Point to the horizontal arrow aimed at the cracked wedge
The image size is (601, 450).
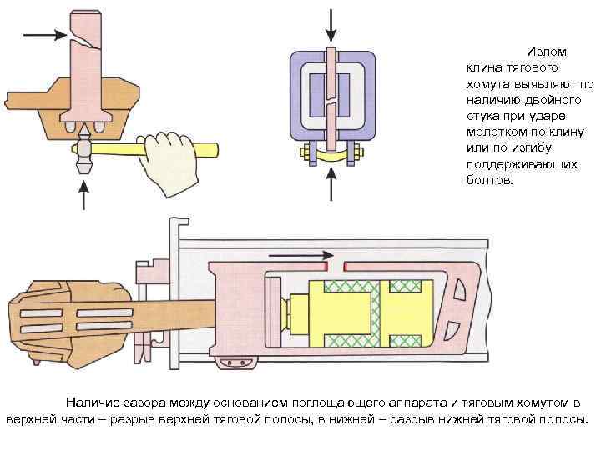(x=44, y=35)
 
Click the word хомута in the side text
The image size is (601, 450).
(x=488, y=85)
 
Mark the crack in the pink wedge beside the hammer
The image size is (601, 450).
(x=86, y=44)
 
